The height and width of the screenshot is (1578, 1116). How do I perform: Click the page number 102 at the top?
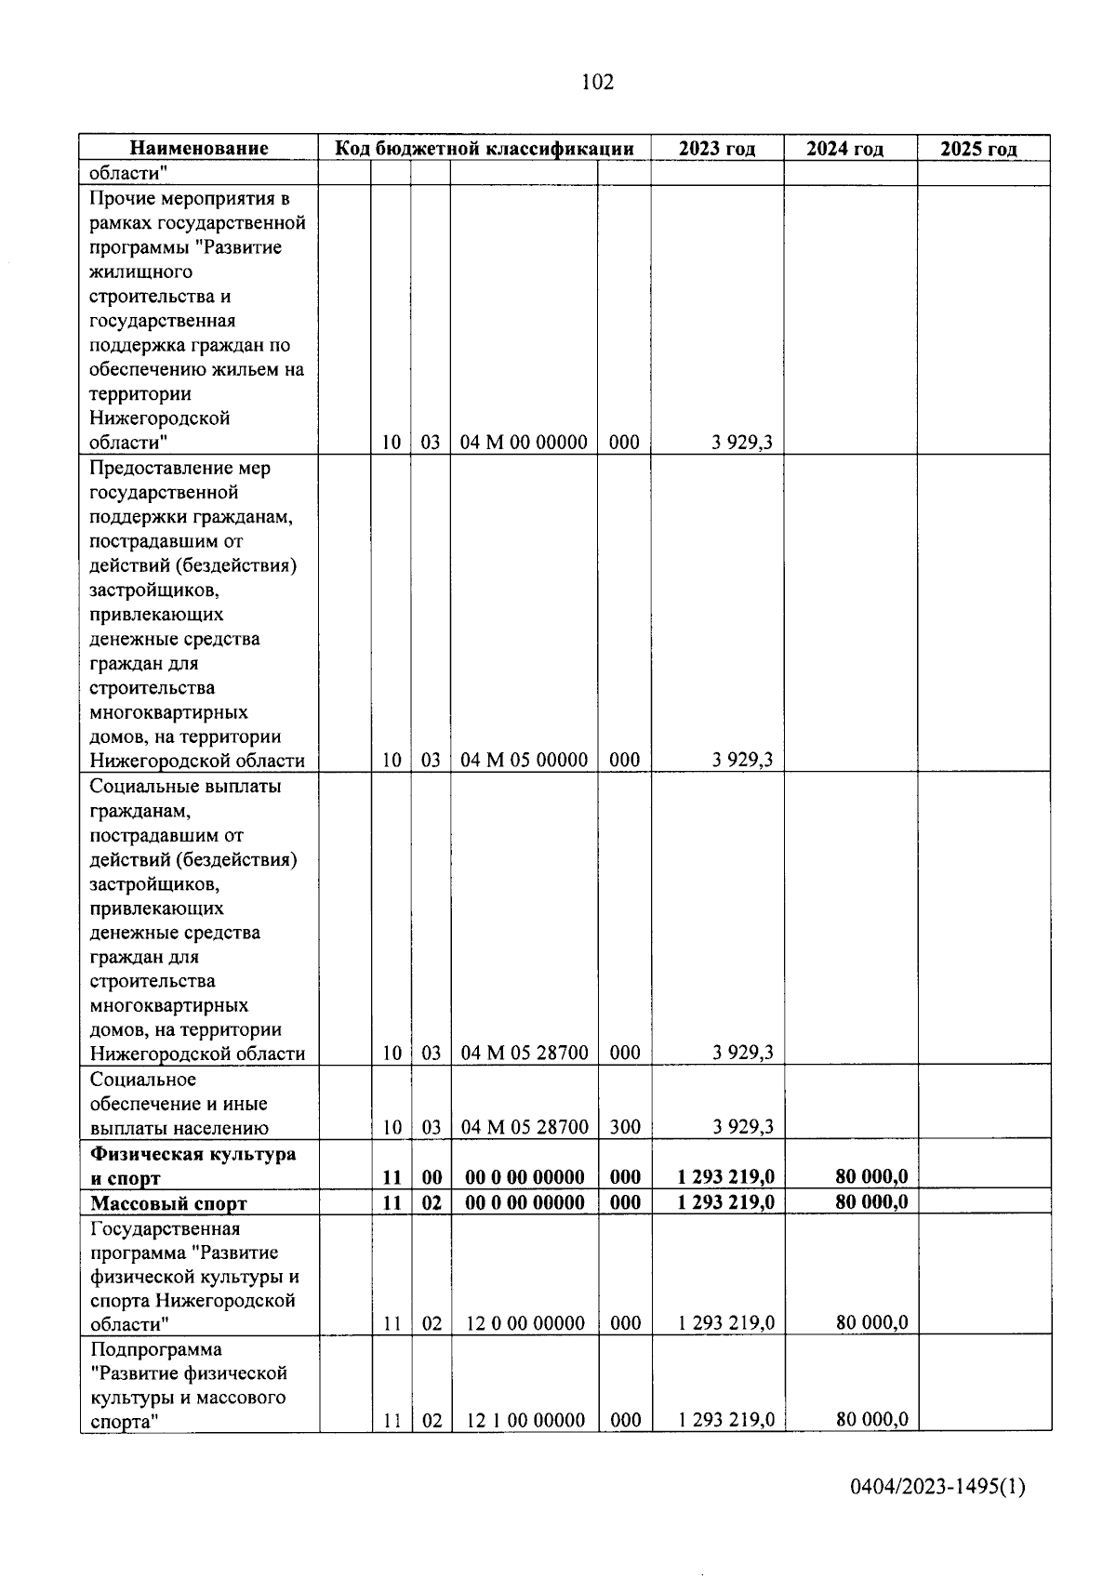coord(597,83)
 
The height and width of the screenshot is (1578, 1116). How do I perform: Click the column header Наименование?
coord(199,148)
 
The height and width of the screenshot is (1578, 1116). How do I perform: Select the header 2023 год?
coord(716,148)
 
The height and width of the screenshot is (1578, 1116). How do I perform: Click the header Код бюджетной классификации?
coord(485,148)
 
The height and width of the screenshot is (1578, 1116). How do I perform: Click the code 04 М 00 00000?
coord(524,443)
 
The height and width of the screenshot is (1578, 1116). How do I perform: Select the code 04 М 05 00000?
coord(524,760)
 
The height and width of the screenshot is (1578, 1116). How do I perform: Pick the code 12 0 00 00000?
coord(525,1323)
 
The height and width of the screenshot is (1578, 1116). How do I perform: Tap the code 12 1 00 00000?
coord(525,1420)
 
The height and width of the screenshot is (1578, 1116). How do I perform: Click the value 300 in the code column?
coord(624,1127)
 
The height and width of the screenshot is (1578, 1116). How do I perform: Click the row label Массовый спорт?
coord(168,1203)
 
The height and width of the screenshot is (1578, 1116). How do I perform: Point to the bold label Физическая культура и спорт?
coord(193,1166)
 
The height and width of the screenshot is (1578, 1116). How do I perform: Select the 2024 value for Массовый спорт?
coord(871,1202)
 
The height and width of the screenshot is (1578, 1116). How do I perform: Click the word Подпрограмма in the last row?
coord(156,1348)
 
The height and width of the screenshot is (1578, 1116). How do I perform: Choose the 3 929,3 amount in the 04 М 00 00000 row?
coord(742,443)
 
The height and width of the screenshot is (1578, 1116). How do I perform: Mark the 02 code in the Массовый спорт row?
coord(432,1202)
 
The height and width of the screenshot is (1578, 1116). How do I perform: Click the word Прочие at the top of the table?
coord(121,198)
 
